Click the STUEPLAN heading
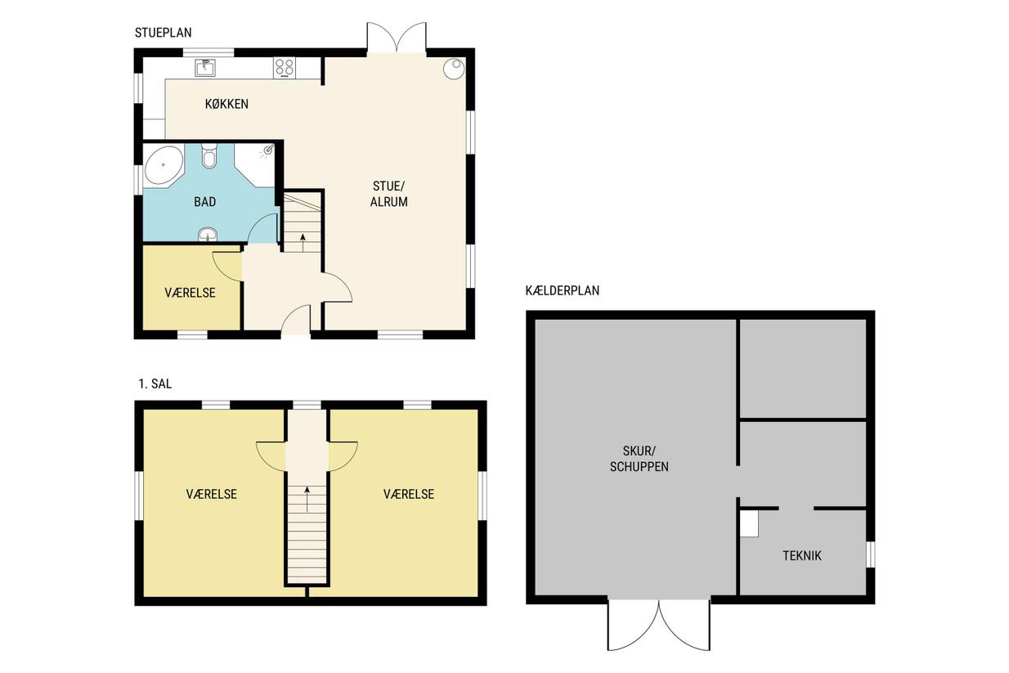click(163, 33)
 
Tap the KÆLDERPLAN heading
click(563, 290)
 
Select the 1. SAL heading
click(155, 384)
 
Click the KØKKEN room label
click(226, 104)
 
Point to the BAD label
click(205, 202)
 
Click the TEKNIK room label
click(802, 556)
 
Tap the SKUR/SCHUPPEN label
click(639, 459)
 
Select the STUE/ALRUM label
click(388, 194)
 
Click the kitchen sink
click(205, 68)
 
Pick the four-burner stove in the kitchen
click(285, 68)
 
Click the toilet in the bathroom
click(209, 156)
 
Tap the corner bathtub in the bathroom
click(164, 165)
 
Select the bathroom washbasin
click(208, 234)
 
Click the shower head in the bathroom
click(268, 150)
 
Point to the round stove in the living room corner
click(454, 69)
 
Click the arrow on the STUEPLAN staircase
click(303, 242)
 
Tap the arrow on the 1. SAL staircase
click(307, 499)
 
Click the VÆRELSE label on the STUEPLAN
click(190, 294)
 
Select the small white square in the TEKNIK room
click(749, 523)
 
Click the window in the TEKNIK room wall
click(870, 554)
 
